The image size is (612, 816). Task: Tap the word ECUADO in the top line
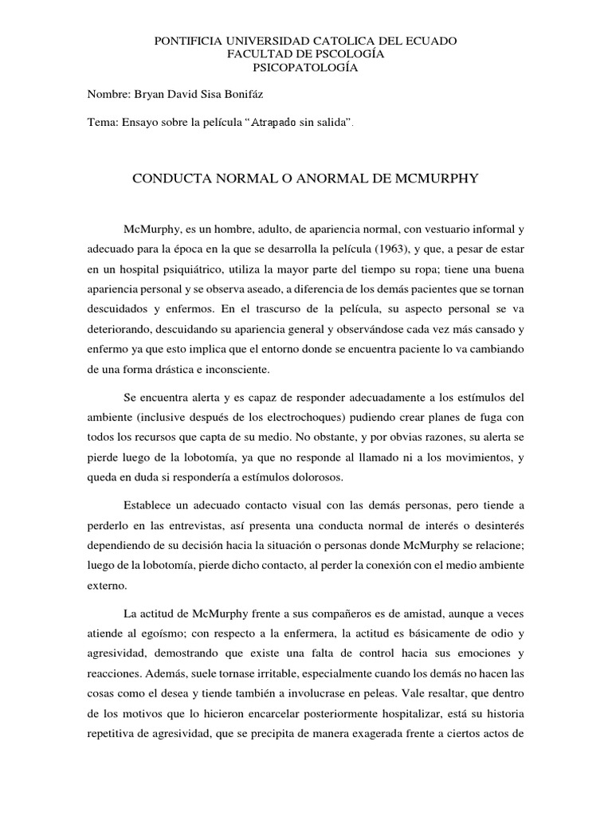[x=433, y=40]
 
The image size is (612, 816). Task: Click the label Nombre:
[x=108, y=94]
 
